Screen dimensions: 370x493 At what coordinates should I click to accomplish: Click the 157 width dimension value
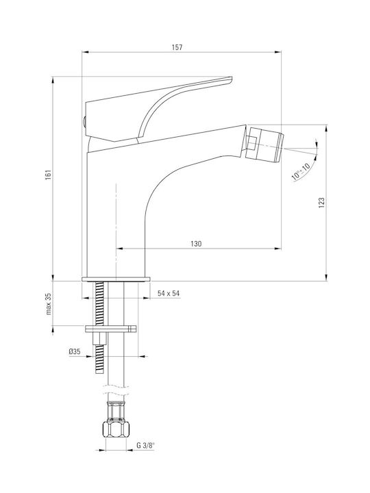tap(177, 47)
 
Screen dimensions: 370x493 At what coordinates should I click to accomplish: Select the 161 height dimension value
tap(48, 175)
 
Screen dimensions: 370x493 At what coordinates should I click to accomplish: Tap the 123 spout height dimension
tap(321, 203)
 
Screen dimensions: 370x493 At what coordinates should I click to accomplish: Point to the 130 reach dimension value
tap(196, 244)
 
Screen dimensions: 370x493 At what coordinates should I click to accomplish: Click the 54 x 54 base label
tap(169, 293)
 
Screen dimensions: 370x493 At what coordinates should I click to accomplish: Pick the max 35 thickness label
tap(48, 304)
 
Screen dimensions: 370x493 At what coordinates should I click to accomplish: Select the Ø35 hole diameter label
tap(75, 352)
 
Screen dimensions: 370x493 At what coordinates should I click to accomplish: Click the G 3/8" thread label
tap(146, 445)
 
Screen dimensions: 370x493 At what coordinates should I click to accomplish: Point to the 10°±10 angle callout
tap(301, 170)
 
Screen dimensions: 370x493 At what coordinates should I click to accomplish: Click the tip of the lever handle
tap(232, 77)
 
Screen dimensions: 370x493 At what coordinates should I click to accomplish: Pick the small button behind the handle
tap(84, 122)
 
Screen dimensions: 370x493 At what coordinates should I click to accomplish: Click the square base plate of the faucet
tap(116, 279)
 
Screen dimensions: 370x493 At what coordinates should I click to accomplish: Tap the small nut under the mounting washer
tap(99, 338)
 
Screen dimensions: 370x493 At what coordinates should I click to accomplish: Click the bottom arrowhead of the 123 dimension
tap(327, 277)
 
